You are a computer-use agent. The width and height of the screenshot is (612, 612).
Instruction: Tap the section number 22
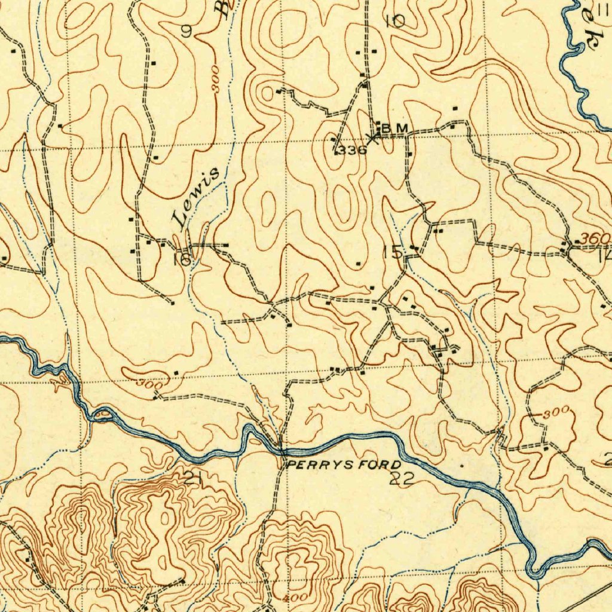[401, 478]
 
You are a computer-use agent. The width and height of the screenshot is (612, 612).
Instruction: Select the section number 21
[192, 478]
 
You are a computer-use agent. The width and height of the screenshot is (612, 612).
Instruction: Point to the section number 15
[393, 252]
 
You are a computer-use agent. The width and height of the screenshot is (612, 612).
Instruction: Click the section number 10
[394, 22]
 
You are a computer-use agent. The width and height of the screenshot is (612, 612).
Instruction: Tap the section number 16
[182, 259]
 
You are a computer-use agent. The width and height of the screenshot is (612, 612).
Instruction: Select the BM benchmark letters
[395, 128]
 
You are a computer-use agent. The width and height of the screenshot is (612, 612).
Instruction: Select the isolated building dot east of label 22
[462, 463]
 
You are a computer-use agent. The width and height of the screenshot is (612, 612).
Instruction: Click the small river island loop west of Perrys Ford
[103, 414]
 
